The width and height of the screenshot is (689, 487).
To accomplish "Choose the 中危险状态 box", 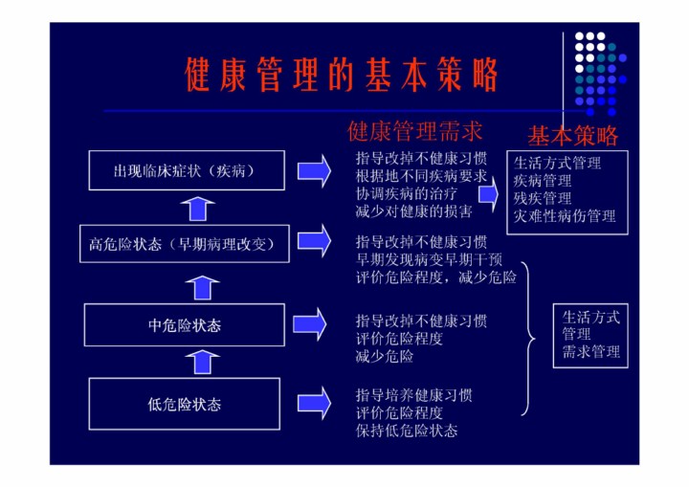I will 184,324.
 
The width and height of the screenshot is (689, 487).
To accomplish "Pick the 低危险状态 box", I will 184,404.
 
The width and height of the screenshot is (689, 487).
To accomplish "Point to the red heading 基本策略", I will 573,136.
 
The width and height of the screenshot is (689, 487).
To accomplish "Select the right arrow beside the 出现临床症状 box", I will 314,171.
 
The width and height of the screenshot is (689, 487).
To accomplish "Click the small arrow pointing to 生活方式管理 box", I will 489,194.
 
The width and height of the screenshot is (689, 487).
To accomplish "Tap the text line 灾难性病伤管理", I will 565,216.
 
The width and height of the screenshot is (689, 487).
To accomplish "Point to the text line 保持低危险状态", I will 407,431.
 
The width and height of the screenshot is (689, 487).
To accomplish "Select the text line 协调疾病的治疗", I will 406,193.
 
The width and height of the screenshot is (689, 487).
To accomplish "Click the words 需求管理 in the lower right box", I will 591,352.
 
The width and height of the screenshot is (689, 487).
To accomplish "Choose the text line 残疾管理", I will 543,198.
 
